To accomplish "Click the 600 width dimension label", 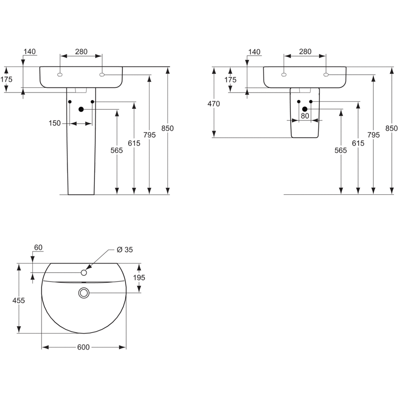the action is (x=83, y=347).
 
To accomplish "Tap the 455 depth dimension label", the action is (x=19, y=300).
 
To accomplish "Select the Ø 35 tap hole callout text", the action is (x=125, y=250).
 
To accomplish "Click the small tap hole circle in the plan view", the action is (x=84, y=273).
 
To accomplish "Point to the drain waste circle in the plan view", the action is (x=84, y=293).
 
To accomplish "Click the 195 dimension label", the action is (x=139, y=278).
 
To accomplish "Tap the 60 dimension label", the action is (x=38, y=248).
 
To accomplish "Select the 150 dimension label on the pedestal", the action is (x=55, y=123).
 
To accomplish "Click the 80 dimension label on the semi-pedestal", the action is (x=305, y=116).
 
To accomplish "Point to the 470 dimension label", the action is (x=214, y=104).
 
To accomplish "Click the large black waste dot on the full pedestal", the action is (x=81, y=109).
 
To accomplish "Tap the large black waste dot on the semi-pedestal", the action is (x=305, y=109).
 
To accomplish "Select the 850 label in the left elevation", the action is (x=168, y=129).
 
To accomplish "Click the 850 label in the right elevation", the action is (x=392, y=129).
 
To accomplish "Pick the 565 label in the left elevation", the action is (x=117, y=150).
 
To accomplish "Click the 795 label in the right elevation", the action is (x=374, y=135).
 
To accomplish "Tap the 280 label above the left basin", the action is (x=81, y=52).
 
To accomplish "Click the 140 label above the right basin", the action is (x=254, y=52).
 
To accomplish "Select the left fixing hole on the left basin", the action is (x=60, y=75).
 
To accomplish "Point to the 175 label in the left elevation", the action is (x=6, y=80).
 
